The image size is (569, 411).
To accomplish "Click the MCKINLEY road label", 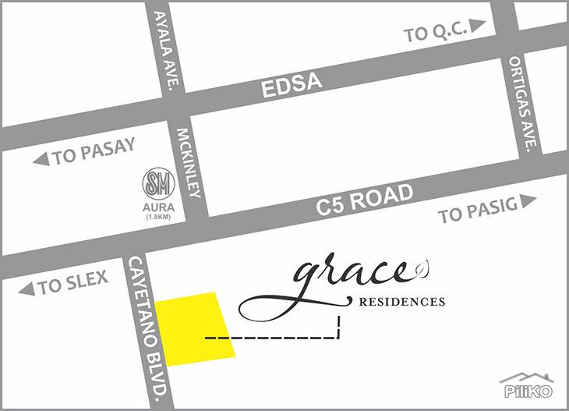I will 189,162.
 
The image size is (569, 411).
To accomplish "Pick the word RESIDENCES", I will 401,301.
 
